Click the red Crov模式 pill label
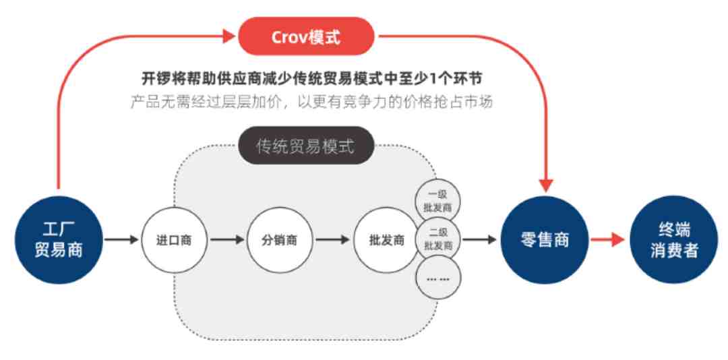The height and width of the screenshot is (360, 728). (x=306, y=36)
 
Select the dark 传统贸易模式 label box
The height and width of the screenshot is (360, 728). (x=306, y=146)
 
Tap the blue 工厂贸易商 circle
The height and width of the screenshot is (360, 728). (x=59, y=240)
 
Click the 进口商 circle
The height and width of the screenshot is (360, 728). (x=173, y=240)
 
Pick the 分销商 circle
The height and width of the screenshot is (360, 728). (x=279, y=240)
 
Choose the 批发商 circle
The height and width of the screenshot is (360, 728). (x=386, y=240)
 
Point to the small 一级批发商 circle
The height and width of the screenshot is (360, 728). (x=437, y=201)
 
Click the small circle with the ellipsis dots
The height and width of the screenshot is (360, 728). (x=437, y=277)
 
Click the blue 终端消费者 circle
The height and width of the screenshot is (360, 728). (x=673, y=240)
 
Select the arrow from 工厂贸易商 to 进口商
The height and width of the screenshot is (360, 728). (x=121, y=240)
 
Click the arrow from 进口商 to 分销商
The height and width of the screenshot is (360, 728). (x=227, y=240)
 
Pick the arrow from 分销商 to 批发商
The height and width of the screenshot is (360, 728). (x=333, y=240)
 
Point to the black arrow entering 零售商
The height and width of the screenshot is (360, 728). (x=480, y=240)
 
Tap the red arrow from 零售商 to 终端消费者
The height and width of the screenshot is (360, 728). (x=608, y=240)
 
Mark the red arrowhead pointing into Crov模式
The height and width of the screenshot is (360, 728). (x=229, y=36)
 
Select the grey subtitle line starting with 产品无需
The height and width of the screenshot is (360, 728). (x=311, y=102)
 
